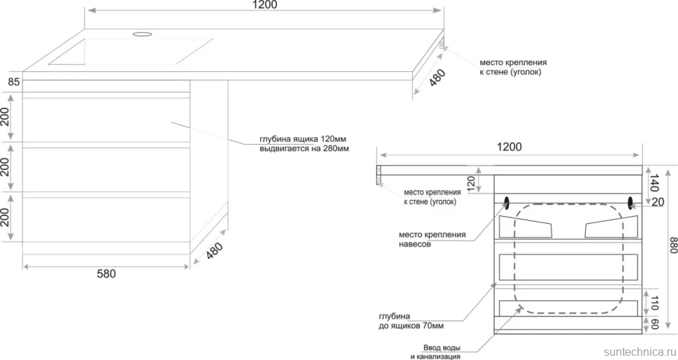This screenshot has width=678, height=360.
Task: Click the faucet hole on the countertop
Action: (x=143, y=34)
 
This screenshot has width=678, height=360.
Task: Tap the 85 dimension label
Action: (x=13, y=81)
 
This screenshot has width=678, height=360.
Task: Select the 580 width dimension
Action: (x=106, y=274)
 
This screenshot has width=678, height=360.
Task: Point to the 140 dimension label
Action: (x=654, y=183)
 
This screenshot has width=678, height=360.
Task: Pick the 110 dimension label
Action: (x=654, y=303)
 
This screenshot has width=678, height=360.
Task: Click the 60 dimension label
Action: (x=654, y=324)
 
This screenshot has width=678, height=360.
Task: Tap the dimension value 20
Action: (x=658, y=202)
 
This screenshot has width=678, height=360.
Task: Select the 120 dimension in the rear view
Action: (x=472, y=183)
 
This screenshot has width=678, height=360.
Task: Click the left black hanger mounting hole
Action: (x=506, y=201)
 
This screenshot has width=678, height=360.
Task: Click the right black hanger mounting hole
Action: (x=630, y=201)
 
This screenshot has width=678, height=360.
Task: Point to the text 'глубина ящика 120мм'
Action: (x=303, y=139)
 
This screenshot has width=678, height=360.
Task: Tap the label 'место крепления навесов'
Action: (x=432, y=239)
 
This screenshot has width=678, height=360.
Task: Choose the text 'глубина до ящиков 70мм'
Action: (x=411, y=321)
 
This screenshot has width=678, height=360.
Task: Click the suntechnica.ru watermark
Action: (x=640, y=352)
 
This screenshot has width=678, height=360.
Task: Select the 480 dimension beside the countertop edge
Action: (x=437, y=78)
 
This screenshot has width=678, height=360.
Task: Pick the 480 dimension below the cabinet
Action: (x=215, y=250)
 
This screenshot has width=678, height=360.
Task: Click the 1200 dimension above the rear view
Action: (x=509, y=147)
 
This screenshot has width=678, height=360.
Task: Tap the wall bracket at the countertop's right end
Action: (x=442, y=44)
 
